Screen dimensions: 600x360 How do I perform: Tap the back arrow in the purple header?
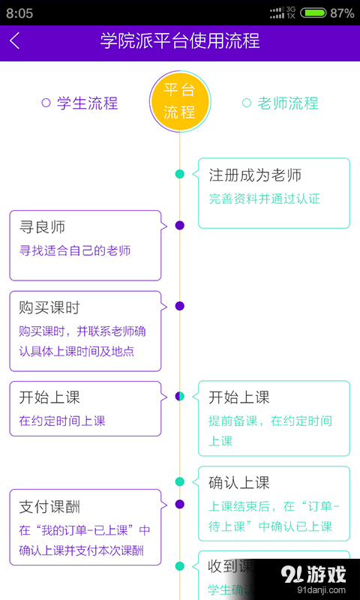(x=15, y=41)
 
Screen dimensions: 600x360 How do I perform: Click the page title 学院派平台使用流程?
(x=180, y=40)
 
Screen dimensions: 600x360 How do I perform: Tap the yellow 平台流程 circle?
(x=179, y=102)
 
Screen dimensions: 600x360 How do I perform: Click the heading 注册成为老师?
(x=255, y=175)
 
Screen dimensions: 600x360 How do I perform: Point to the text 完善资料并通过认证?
(x=264, y=199)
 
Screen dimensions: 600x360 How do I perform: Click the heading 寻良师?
(x=42, y=227)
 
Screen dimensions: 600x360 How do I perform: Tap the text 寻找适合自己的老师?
(x=75, y=250)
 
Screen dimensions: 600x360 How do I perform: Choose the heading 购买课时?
(x=49, y=308)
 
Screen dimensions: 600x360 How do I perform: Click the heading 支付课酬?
(x=49, y=507)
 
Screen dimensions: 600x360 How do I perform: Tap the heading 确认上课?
(x=238, y=483)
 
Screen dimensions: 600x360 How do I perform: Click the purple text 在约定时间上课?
(x=62, y=421)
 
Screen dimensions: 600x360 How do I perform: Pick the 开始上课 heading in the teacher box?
(x=238, y=397)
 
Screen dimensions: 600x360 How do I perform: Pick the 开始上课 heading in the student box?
(x=49, y=397)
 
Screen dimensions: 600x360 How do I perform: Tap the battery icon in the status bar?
(x=313, y=13)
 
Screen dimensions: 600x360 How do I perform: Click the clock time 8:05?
(x=19, y=13)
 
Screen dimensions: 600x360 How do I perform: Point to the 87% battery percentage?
(x=342, y=13)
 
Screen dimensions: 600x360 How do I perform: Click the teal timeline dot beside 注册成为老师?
(x=179, y=174)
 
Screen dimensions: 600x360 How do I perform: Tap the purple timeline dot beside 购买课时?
(x=179, y=305)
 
